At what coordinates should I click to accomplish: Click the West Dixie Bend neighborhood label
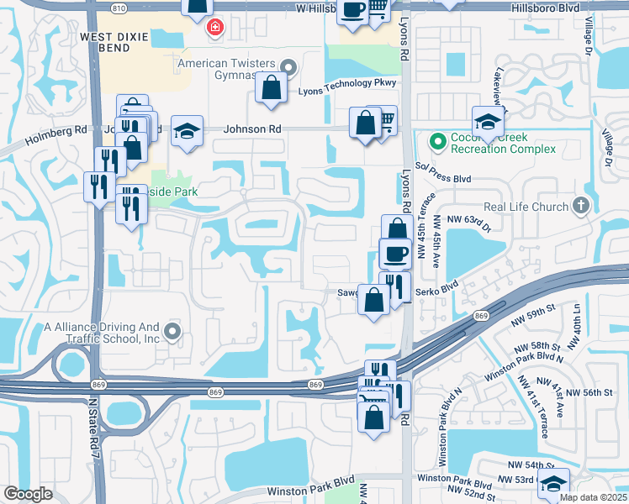tap(118, 43)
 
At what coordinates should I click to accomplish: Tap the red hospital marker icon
tap(215, 28)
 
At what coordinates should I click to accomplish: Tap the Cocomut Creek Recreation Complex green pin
tap(437, 142)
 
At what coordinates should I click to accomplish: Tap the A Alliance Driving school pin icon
tap(172, 332)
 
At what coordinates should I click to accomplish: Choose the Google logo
tap(28, 494)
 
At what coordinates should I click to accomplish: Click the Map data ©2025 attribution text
tap(594, 497)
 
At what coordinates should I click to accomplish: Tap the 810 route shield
tap(119, 8)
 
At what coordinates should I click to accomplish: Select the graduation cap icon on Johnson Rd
tap(188, 131)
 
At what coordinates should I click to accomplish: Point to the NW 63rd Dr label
tap(468, 220)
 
